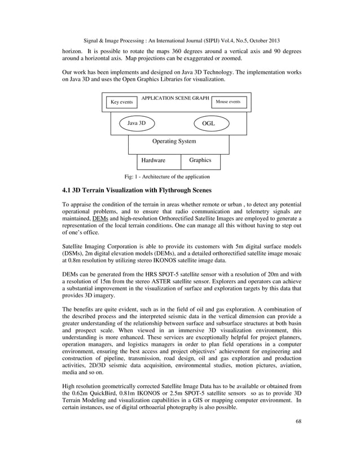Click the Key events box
pyautogui.click(x=122, y=103)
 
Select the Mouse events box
pyautogui.click(x=228, y=102)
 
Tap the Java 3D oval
pyautogui.click(x=137, y=123)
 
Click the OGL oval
pyautogui.click(x=208, y=123)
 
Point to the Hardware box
pyautogui.click(x=153, y=161)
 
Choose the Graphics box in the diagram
pyautogui.click(x=200, y=161)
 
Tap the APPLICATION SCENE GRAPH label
pyautogui.click(x=175, y=98)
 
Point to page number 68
pyautogui.click(x=298, y=437)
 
